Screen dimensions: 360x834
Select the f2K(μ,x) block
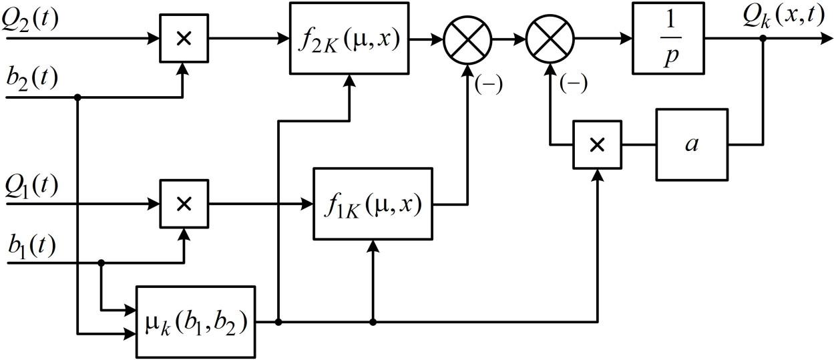pos(349,39)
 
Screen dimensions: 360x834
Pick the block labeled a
pos(691,144)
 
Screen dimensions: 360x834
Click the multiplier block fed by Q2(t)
pos(182,39)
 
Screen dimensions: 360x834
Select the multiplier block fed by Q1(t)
pos(182,204)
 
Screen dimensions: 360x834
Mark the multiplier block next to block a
pos(597,144)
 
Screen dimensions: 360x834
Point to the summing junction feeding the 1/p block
pos(551,39)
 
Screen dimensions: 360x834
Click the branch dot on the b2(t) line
pos(77,98)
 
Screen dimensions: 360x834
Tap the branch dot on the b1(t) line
pos(101,263)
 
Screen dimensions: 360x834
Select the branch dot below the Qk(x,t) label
pos(763,39)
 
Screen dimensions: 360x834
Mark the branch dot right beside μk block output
pos(278,322)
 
